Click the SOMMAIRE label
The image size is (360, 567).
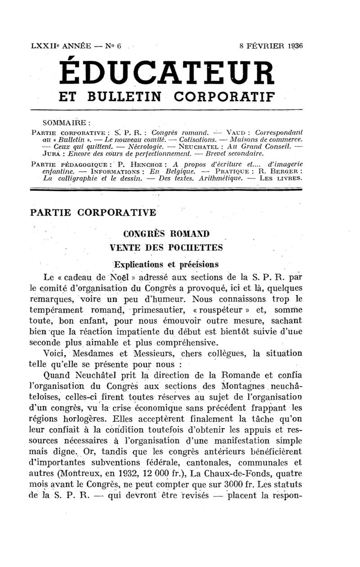[x=67, y=122]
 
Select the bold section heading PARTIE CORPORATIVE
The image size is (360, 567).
[x=93, y=212]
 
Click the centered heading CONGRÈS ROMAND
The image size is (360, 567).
[x=166, y=234]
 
